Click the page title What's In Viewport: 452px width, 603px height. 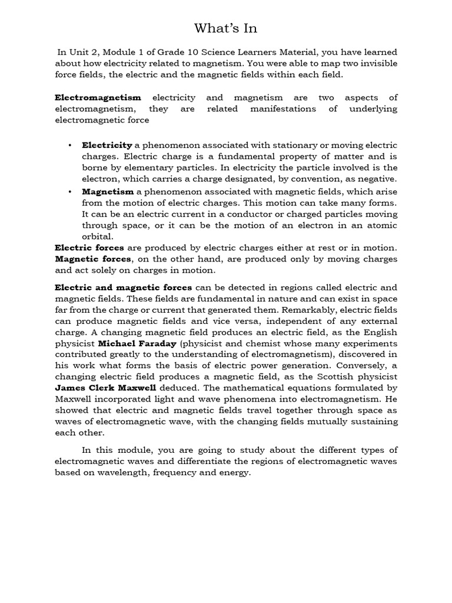(x=226, y=28)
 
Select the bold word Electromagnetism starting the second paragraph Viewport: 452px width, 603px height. (x=98, y=97)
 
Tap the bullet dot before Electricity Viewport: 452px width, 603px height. (x=69, y=145)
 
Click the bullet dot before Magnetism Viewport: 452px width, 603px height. (x=69, y=191)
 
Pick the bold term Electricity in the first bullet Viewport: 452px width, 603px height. (x=107, y=145)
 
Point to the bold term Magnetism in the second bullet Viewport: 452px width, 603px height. (x=108, y=191)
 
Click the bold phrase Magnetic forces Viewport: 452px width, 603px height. (x=93, y=259)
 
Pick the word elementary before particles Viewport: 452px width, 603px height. (x=128, y=167)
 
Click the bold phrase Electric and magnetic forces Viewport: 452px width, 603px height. (x=123, y=287)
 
